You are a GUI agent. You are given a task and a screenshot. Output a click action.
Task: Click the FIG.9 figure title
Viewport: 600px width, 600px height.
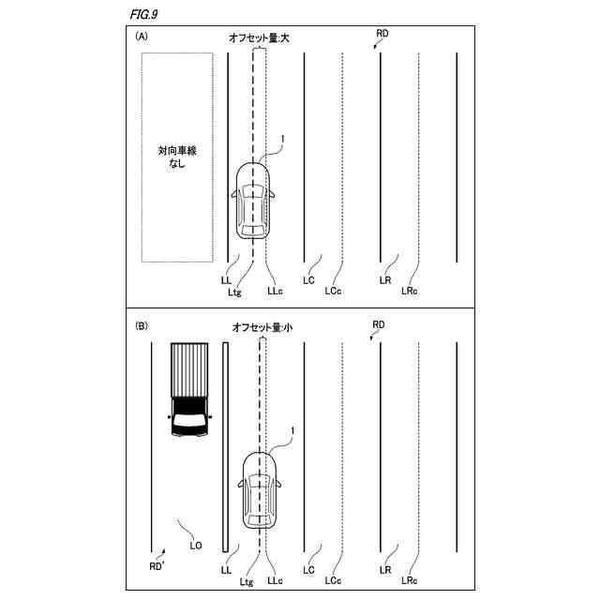coord(143,15)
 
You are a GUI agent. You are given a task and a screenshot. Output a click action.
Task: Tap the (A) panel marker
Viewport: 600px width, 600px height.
coord(142,37)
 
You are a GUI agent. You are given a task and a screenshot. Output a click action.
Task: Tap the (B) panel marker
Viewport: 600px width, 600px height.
coord(142,326)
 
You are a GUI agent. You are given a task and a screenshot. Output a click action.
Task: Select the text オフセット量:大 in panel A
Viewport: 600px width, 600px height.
coord(259,37)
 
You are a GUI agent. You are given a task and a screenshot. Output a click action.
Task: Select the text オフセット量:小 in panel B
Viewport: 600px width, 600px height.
coord(262,327)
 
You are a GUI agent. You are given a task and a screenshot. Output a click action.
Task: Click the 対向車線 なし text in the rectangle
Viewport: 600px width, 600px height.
coord(177,157)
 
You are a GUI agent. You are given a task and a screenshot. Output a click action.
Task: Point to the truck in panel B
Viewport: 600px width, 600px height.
coord(189,390)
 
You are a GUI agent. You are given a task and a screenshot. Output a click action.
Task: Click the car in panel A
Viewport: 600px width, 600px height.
coord(252,201)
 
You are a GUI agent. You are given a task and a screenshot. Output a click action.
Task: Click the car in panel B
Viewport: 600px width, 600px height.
coord(260,490)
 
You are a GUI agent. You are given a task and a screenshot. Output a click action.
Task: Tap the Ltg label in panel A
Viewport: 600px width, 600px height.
coord(234,292)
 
